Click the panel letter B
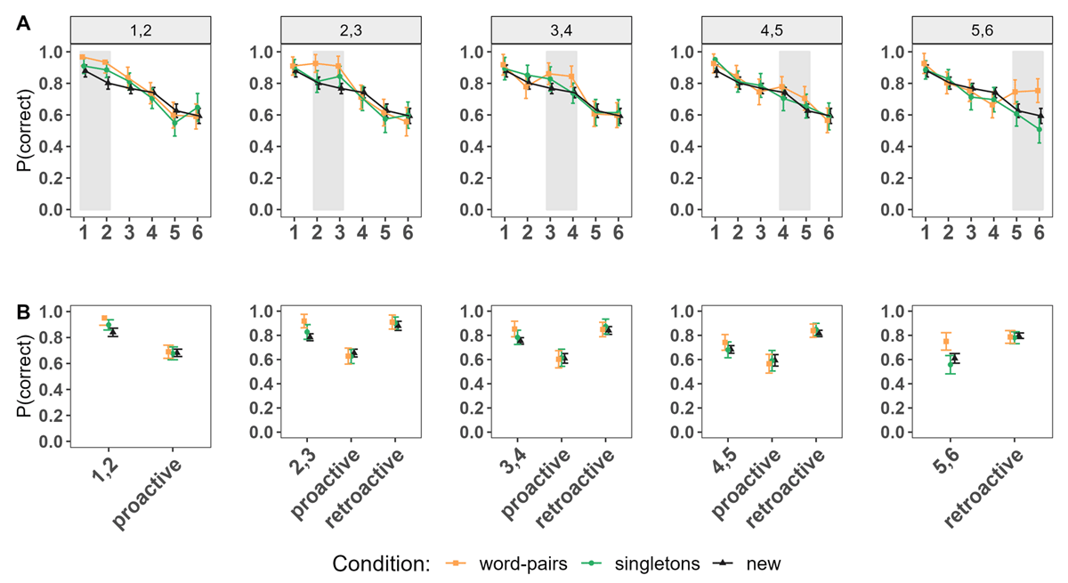[x=24, y=313]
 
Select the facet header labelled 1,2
[x=140, y=31]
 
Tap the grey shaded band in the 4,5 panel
[x=794, y=131]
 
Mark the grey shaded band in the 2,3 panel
[x=328, y=131]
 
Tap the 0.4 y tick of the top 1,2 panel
[x=53, y=147]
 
